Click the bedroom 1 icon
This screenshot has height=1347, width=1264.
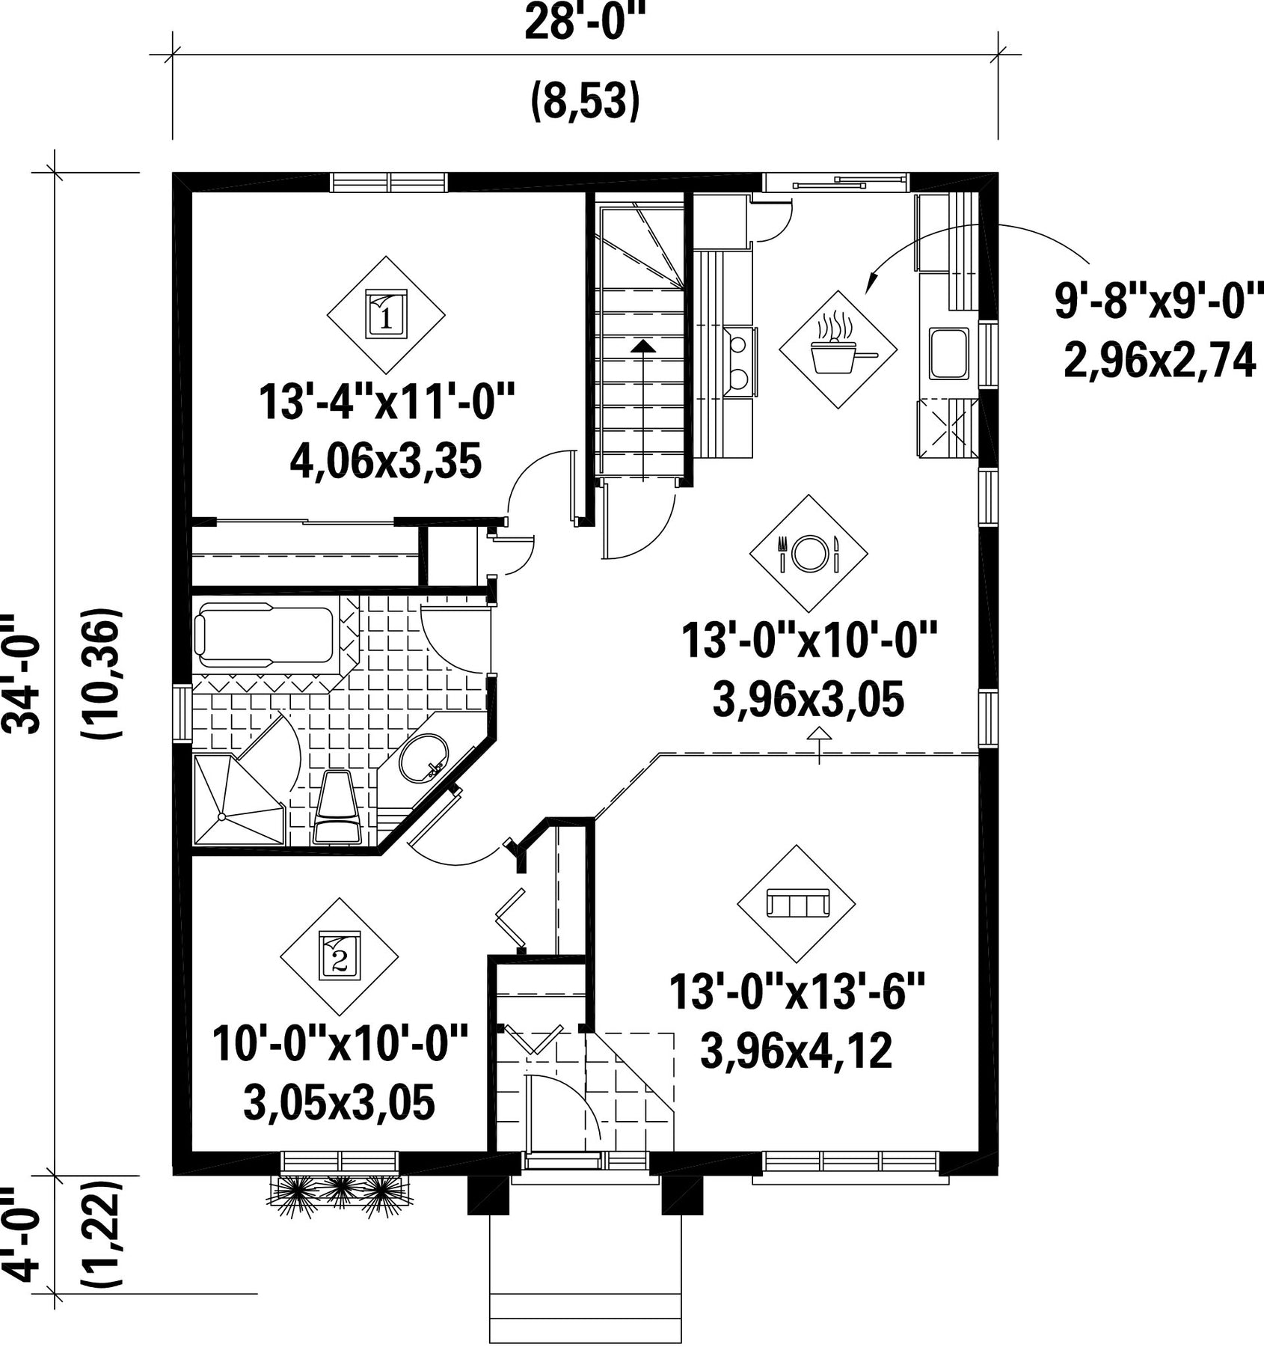(386, 315)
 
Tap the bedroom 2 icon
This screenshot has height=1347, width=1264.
(340, 956)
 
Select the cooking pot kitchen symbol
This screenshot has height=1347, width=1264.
(838, 349)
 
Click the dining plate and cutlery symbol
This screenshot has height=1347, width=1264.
(809, 553)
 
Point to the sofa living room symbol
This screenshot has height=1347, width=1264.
(797, 903)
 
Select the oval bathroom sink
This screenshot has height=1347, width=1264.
(423, 757)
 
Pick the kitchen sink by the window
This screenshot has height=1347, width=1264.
(949, 352)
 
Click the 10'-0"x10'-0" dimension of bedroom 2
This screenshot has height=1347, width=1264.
(340, 1045)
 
